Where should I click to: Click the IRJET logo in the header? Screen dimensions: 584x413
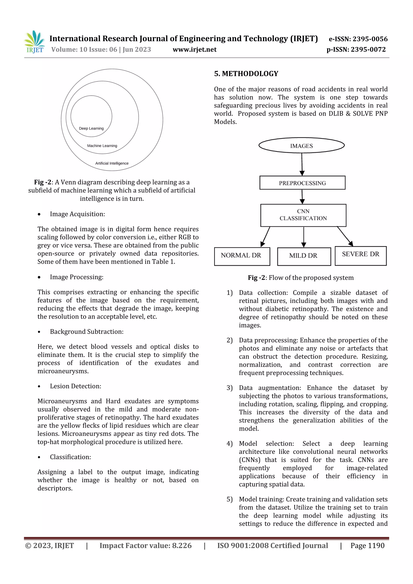coord(35,42)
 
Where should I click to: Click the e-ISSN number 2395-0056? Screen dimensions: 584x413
coord(370,39)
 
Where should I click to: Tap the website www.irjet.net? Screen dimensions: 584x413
coord(194,49)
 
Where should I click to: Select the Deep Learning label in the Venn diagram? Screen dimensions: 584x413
coord(91,128)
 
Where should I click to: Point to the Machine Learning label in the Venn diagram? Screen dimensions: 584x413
coord(102,146)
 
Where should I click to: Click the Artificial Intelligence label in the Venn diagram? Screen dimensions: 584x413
coord(112,163)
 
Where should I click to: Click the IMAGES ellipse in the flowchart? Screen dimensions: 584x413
coord(301,146)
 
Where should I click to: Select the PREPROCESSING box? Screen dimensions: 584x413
coord(302,183)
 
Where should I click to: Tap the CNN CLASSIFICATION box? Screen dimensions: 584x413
coord(303,215)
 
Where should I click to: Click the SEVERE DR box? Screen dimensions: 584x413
coord(360,255)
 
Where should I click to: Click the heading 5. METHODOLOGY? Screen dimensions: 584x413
coord(246,74)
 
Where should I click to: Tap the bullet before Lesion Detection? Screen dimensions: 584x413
coord(39,386)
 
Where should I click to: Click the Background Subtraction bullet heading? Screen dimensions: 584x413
coord(87,332)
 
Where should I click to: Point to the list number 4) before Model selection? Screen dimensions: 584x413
coord(229,444)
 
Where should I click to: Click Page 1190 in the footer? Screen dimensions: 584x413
coord(367,545)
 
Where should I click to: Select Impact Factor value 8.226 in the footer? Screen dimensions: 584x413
coord(145,545)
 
